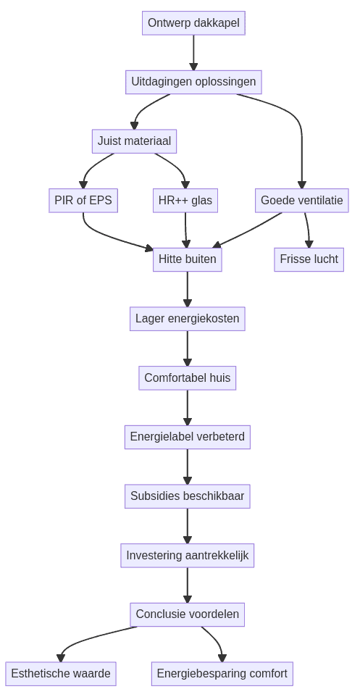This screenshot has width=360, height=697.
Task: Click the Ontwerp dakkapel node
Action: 193,23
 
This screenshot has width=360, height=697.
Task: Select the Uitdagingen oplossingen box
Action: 193,82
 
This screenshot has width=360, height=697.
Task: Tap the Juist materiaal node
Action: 134,141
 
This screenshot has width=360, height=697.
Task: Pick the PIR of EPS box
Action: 83,201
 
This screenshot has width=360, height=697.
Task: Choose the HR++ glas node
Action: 185,201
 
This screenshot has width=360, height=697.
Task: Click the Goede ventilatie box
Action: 301,201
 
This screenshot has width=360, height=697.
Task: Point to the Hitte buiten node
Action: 187,259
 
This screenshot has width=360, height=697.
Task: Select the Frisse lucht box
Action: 309,259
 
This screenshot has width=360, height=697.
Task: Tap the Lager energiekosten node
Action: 187,319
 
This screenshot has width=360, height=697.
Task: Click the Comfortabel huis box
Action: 187,378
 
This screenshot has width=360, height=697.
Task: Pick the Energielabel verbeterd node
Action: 187,437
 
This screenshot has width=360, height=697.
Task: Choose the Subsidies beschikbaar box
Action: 187,496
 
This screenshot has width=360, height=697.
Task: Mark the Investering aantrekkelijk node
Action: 187,556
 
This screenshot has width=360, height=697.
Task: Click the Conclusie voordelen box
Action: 187,614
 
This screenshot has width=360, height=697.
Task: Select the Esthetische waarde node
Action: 61,674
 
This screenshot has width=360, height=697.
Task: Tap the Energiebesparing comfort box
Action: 222,674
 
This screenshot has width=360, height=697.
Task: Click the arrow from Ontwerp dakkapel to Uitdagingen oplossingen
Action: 193,52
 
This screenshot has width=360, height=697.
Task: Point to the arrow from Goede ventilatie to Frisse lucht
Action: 308,229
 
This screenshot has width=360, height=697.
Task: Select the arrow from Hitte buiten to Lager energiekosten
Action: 187,289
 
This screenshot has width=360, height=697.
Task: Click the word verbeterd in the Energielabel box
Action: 217,437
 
